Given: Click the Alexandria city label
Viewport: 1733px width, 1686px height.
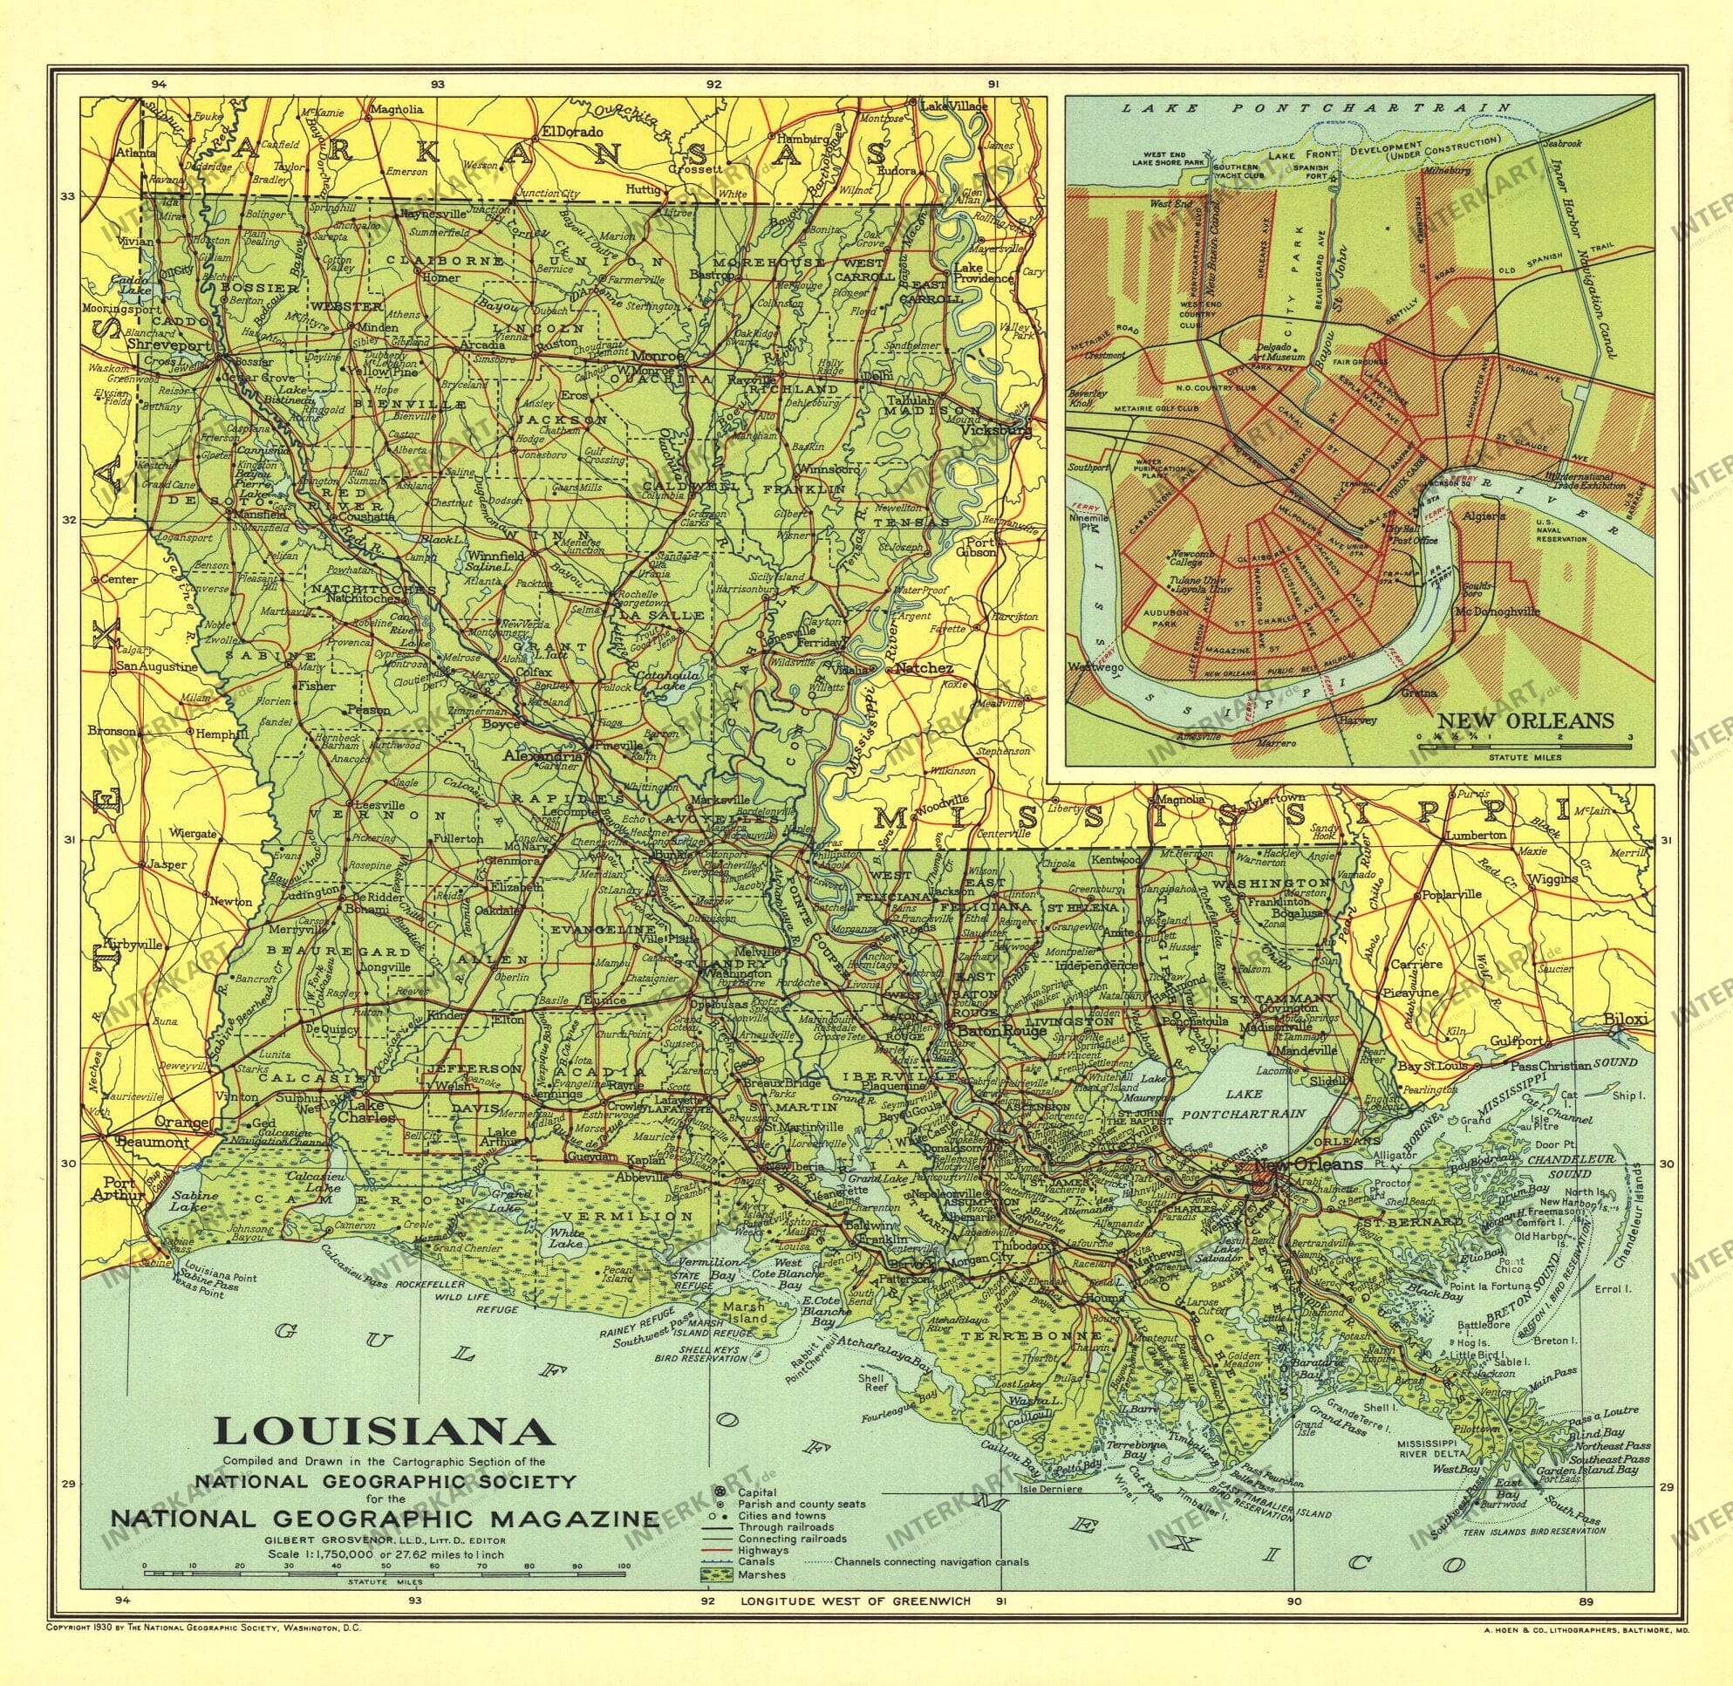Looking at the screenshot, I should click(542, 757).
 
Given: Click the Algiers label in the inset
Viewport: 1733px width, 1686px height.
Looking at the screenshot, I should click(1485, 515).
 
